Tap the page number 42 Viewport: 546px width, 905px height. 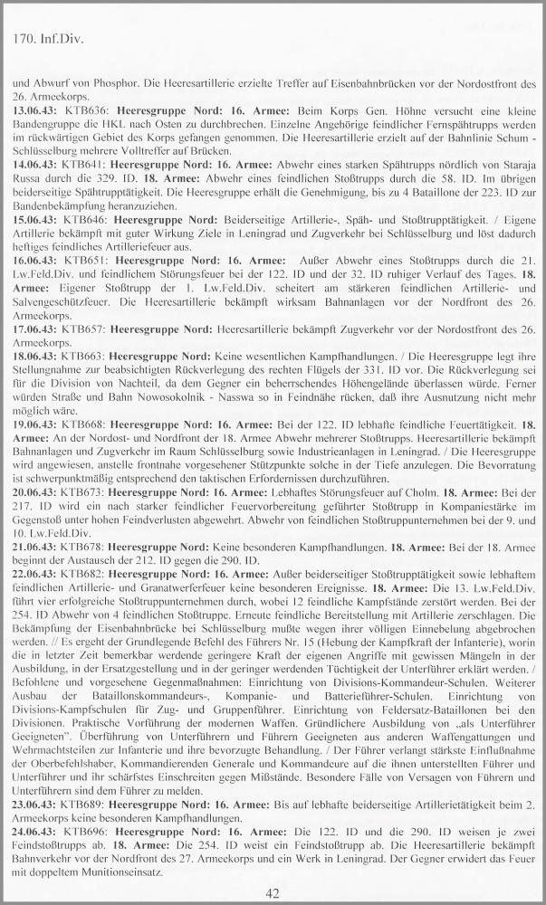tap(273, 893)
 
